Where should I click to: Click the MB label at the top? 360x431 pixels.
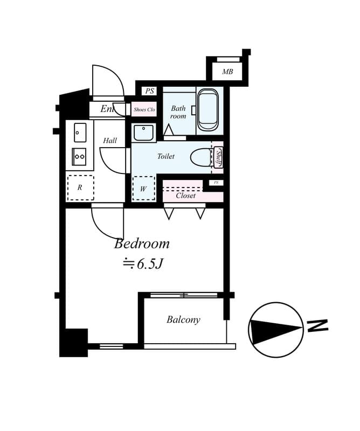click(227, 71)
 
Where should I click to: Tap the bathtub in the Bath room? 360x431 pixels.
click(207, 109)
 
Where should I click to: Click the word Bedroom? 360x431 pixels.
click(142, 244)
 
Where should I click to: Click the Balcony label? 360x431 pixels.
click(183, 319)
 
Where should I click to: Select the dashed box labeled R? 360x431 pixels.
click(80, 187)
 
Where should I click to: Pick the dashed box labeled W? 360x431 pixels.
click(143, 189)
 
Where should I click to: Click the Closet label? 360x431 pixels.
click(186, 196)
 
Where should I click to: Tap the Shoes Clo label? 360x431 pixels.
click(144, 109)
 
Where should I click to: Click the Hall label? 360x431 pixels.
click(110, 141)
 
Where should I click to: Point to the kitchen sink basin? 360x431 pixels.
click(80, 132)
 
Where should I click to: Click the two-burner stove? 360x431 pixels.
click(79, 156)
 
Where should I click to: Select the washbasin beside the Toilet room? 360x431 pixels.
click(143, 132)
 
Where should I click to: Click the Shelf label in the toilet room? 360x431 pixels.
click(219, 157)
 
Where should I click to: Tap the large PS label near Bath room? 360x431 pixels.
click(149, 91)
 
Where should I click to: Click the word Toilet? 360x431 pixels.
click(166, 156)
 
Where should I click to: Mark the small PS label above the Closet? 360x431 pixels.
click(216, 183)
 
